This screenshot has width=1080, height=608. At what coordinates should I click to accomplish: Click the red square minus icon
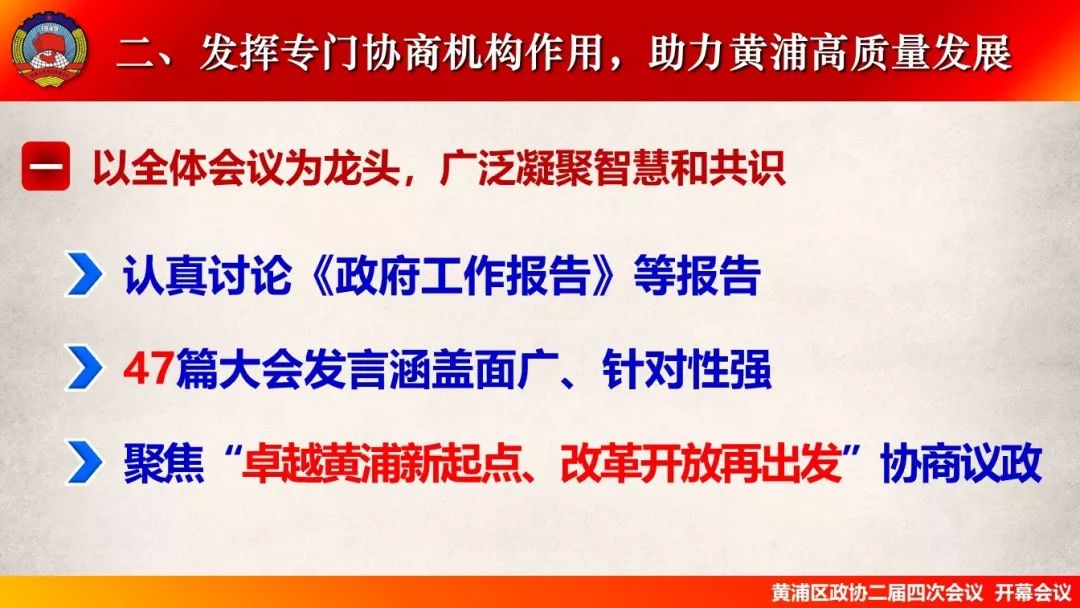point(45,166)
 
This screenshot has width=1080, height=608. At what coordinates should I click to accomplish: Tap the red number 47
point(148,369)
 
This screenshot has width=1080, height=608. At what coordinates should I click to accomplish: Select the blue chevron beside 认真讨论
point(84,275)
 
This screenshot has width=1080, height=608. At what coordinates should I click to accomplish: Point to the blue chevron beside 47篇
point(84,369)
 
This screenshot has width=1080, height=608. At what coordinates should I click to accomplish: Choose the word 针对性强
point(686,369)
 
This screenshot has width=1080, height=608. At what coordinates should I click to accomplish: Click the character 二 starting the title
point(135,53)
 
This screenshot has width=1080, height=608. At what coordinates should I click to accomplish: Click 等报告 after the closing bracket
point(697,275)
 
